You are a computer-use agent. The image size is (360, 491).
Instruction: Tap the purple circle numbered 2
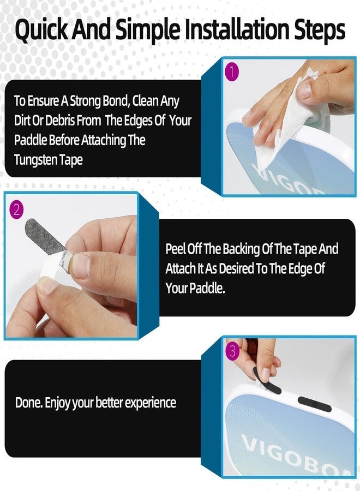[16, 209]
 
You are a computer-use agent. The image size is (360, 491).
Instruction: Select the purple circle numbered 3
[232, 351]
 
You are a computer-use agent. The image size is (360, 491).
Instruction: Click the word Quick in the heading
[41, 30]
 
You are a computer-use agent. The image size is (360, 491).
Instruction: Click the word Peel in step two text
[175, 249]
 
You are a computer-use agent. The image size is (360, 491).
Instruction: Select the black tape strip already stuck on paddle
[314, 404]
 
